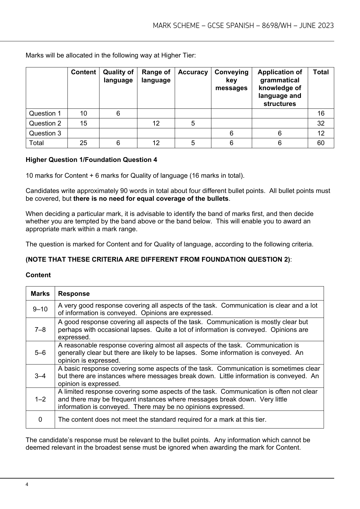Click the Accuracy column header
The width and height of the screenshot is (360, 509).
click(x=193, y=72)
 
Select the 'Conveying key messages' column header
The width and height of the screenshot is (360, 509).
click(x=231, y=80)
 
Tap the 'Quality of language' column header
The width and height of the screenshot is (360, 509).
click(x=118, y=76)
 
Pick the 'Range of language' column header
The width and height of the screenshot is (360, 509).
click(x=156, y=76)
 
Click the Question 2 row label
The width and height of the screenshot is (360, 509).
click(x=45, y=123)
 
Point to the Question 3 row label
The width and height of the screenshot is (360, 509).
click(x=45, y=133)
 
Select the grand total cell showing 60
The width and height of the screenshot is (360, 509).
click(x=321, y=143)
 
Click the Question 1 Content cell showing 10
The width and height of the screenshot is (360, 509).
click(x=83, y=113)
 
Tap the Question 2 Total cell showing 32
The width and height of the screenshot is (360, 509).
click(x=321, y=123)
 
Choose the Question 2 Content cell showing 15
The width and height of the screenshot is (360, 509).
click(x=83, y=123)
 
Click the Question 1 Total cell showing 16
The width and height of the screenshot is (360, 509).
click(x=321, y=113)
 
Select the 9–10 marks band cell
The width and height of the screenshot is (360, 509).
click(x=40, y=309)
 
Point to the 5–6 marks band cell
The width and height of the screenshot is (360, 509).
click(x=40, y=353)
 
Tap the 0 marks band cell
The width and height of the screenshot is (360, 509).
click(x=40, y=420)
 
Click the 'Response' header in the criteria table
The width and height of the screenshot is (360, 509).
click(x=74, y=294)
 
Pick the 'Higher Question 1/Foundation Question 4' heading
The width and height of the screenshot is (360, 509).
click(x=91, y=160)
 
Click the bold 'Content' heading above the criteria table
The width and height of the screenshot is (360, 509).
click(x=38, y=275)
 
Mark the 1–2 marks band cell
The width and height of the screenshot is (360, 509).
click(x=40, y=399)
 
